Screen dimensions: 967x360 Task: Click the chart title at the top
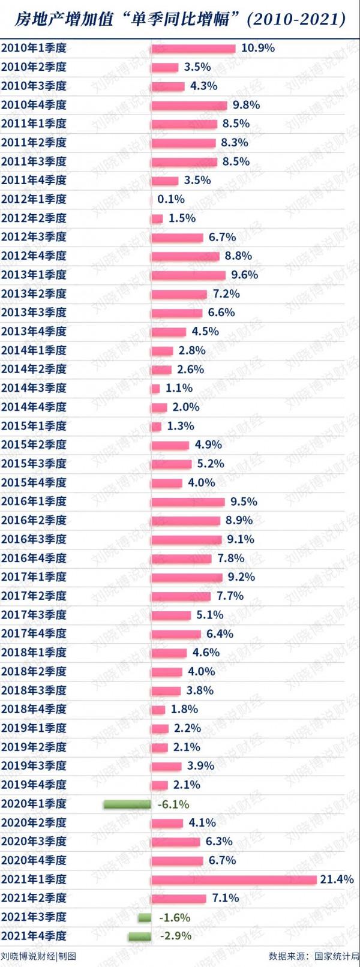(180, 19)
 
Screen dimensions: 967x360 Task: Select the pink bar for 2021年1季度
(234, 879)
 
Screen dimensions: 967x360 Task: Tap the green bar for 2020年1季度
(127, 804)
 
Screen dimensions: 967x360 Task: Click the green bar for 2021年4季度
(139, 936)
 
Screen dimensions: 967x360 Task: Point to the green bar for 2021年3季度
(145, 917)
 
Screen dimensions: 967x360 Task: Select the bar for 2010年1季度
(193, 49)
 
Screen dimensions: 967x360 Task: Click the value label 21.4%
(337, 879)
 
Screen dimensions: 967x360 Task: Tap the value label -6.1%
(173, 804)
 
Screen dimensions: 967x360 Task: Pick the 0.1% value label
(171, 199)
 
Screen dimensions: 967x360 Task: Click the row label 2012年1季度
(34, 199)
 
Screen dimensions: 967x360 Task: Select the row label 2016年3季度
(34, 539)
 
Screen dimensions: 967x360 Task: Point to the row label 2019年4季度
(34, 785)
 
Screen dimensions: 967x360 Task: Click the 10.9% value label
(258, 48)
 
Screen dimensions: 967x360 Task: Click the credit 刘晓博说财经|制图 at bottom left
(38, 956)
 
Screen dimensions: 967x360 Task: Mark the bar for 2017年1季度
(187, 578)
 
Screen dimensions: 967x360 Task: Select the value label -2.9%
(176, 936)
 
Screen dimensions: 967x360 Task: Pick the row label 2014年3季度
(34, 388)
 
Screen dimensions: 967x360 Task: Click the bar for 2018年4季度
(158, 710)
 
